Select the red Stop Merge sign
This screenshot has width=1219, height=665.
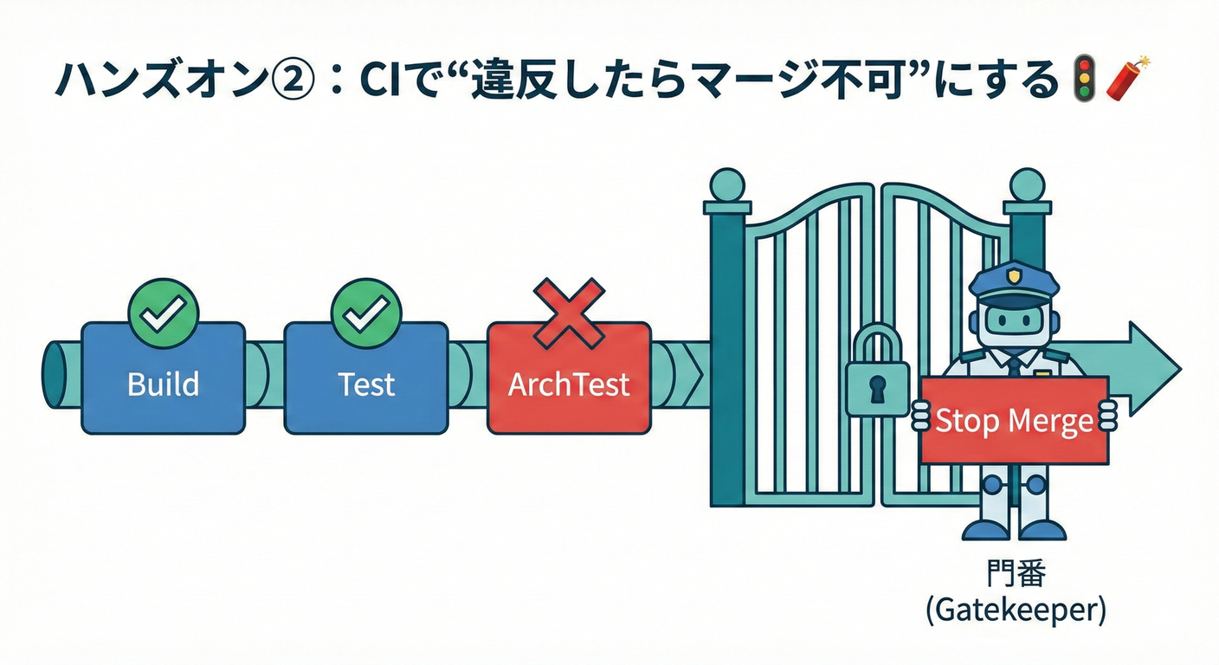1014,421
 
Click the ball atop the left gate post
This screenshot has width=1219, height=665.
726,185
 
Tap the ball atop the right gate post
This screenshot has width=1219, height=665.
1027,185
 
